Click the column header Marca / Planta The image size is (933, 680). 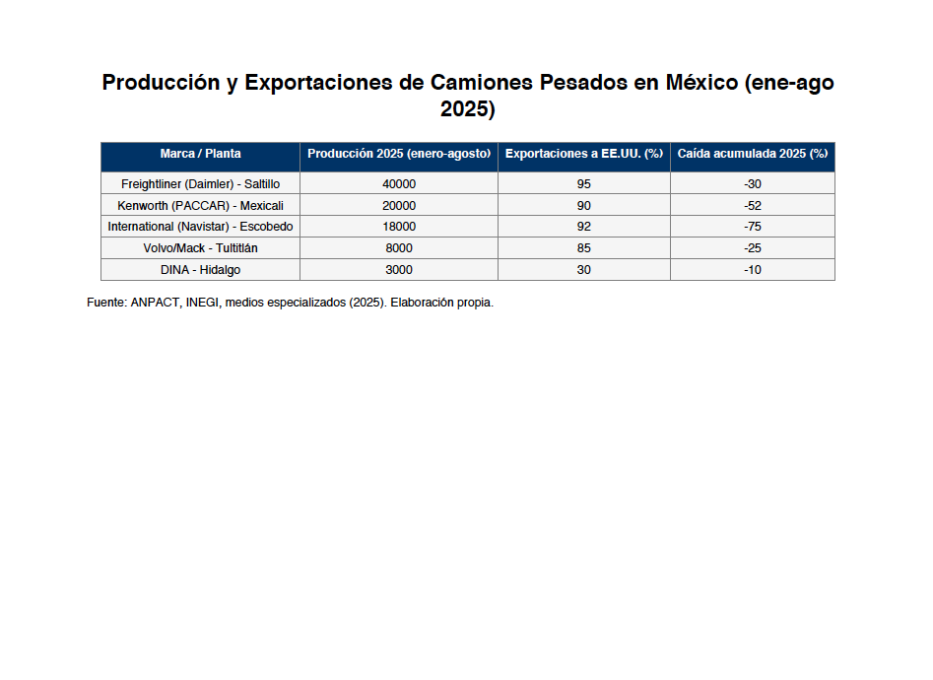[x=200, y=154]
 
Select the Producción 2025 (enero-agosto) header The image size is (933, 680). [x=399, y=154]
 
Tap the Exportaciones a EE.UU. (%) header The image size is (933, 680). [x=584, y=154]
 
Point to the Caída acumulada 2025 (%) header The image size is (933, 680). [x=753, y=154]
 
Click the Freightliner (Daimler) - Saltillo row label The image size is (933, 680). [x=200, y=184]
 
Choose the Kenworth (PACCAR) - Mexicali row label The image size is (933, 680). [x=200, y=206]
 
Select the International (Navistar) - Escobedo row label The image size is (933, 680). [x=200, y=227]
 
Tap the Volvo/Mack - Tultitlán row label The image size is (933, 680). [x=200, y=248]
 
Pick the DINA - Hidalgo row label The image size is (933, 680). [x=200, y=270]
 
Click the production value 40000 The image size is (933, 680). [x=399, y=184]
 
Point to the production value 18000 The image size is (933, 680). [x=399, y=227]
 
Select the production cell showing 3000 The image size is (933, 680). [x=399, y=270]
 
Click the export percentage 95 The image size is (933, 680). [x=584, y=184]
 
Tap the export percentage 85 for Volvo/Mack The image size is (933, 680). [x=584, y=248]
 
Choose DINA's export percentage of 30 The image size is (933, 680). [x=584, y=270]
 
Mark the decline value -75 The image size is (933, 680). [x=753, y=227]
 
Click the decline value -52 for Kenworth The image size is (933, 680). [x=753, y=206]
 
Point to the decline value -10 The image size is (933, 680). [x=753, y=270]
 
